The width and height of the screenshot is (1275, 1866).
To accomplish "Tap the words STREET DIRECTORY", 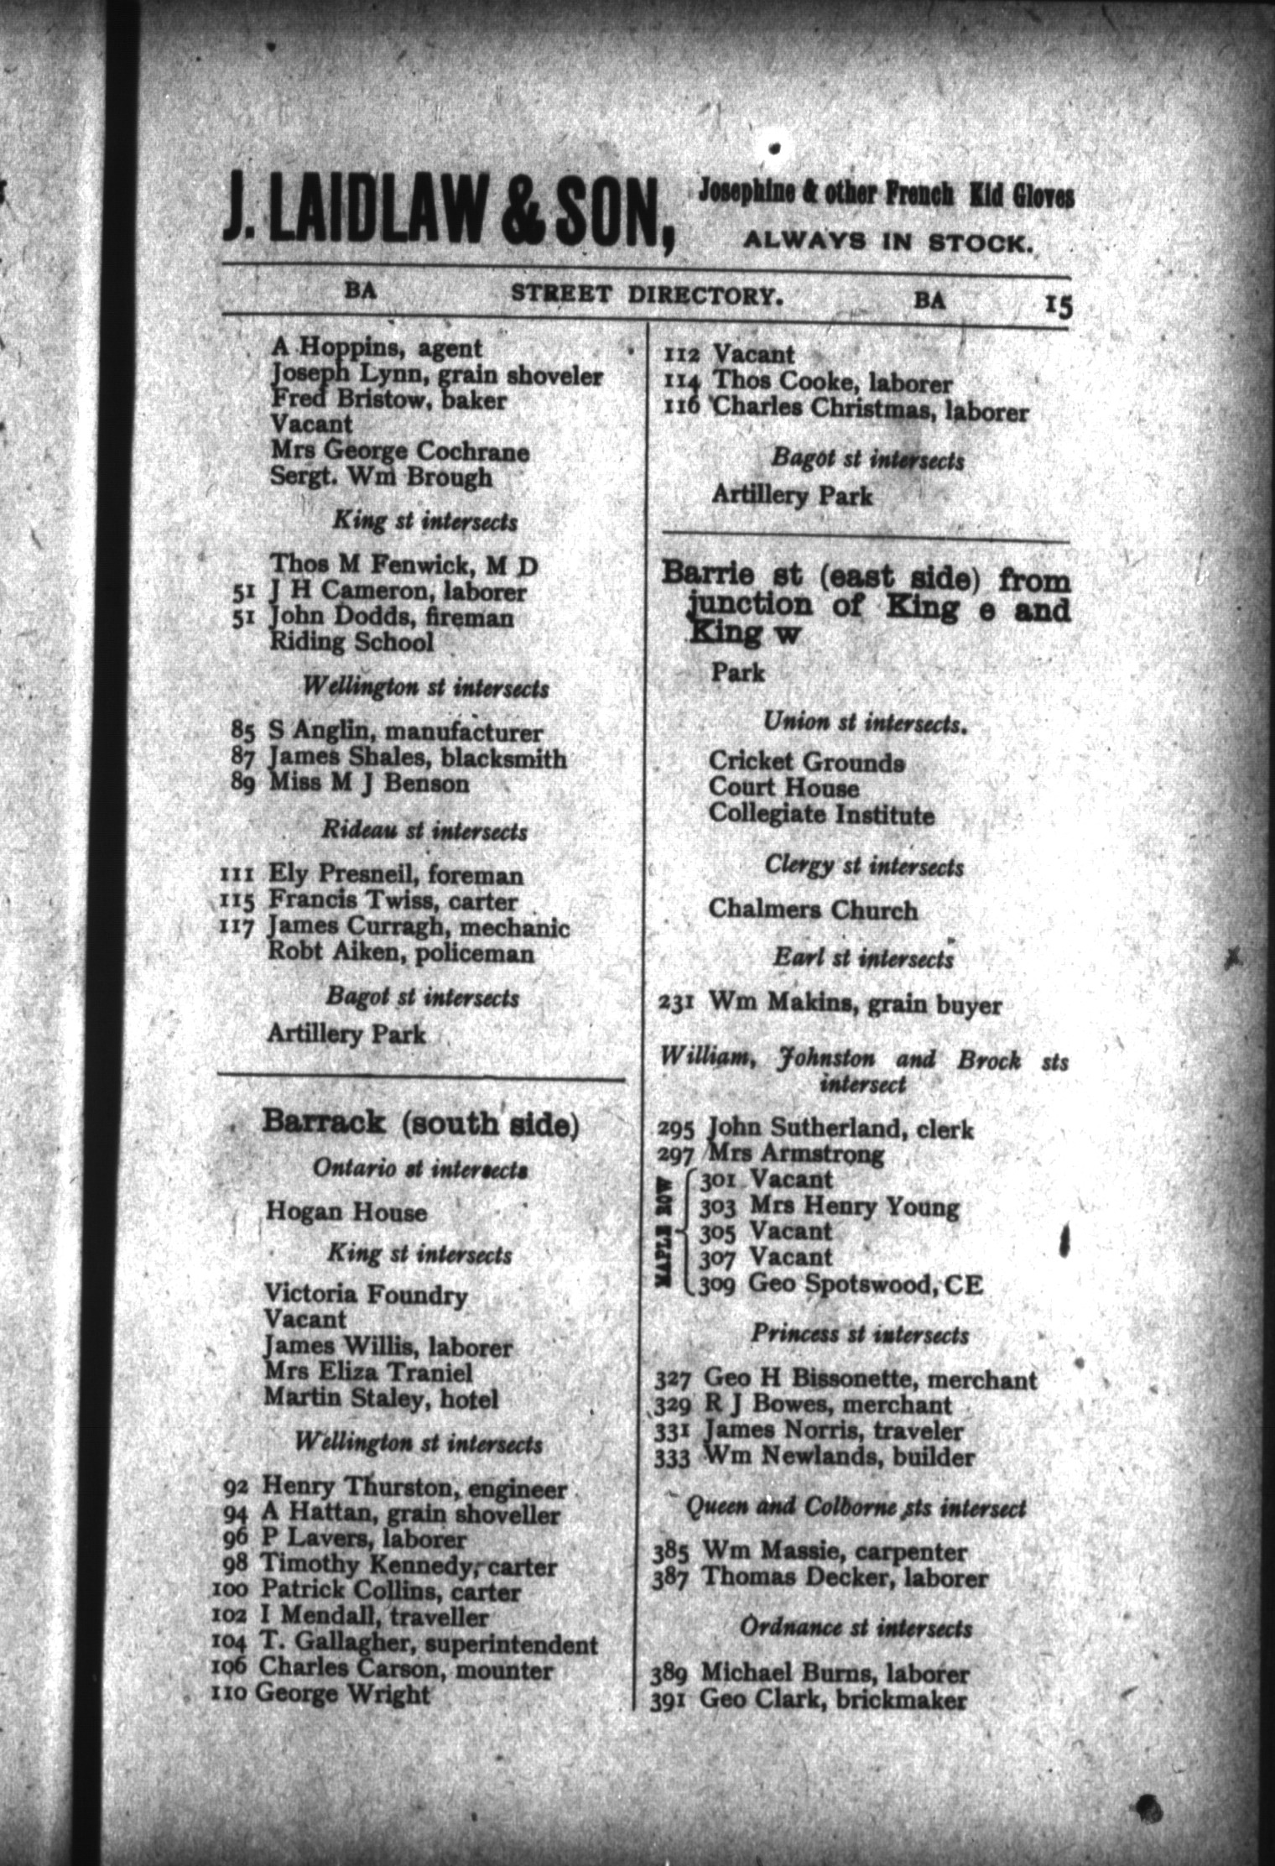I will pyautogui.click(x=648, y=295).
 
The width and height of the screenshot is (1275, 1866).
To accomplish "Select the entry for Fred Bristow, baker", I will pyautogui.click(x=388, y=401).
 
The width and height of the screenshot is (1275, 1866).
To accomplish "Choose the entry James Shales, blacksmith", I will pyautogui.click(x=416, y=758).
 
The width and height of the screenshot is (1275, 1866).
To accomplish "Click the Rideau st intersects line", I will pyautogui.click(x=424, y=831).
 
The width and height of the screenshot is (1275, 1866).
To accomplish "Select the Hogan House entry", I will pyautogui.click(x=346, y=1212).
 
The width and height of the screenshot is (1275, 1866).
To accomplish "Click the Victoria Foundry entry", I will pyautogui.click(x=366, y=1295).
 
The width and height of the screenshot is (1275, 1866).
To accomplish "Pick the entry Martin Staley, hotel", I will pyautogui.click(x=381, y=1399).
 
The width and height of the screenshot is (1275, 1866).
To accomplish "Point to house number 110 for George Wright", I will pyautogui.click(x=230, y=1695).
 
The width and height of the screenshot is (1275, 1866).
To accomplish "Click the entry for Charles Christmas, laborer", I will pyautogui.click(x=870, y=412).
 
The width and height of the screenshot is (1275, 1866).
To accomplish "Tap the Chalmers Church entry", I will pyautogui.click(x=813, y=910).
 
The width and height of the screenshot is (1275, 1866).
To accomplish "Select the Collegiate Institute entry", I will pyautogui.click(x=821, y=815).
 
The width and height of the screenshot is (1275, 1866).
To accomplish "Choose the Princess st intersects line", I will pyautogui.click(x=860, y=1333).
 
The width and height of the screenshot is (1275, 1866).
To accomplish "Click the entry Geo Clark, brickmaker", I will pyautogui.click(x=833, y=1700).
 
